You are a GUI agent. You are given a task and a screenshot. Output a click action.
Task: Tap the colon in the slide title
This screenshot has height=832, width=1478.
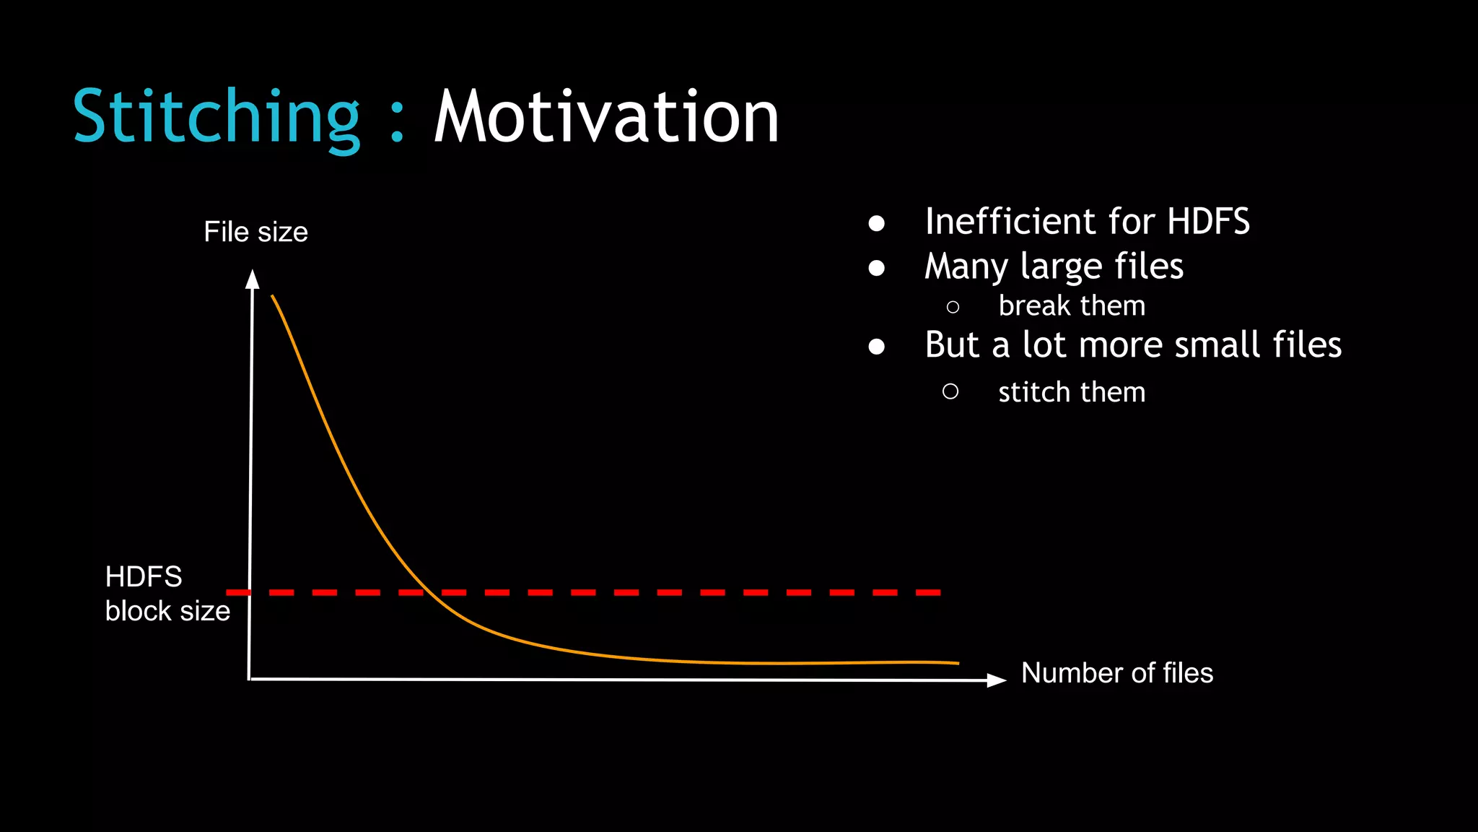click(x=396, y=123)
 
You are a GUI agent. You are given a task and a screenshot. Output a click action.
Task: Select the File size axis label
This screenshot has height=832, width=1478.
click(x=255, y=232)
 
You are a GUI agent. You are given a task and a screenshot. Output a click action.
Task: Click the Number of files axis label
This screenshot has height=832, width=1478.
click(x=1116, y=673)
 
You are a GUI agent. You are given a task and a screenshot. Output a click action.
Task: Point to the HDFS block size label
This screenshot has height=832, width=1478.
click(x=167, y=594)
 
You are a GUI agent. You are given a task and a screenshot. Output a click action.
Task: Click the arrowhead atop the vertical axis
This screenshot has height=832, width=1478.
click(x=252, y=279)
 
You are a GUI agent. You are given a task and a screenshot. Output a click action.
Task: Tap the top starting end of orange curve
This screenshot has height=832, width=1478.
click(x=273, y=296)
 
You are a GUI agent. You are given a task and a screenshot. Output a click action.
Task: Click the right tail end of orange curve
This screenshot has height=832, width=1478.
click(x=956, y=663)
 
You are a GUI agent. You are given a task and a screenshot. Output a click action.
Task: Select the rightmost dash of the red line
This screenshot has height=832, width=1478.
click(x=928, y=592)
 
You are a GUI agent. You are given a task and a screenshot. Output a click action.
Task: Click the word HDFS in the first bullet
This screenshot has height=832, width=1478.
click(x=1208, y=221)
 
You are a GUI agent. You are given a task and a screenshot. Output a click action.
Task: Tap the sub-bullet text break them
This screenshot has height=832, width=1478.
click(x=1071, y=306)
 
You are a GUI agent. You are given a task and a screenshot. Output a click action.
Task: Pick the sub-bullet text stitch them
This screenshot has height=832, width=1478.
click(x=1071, y=392)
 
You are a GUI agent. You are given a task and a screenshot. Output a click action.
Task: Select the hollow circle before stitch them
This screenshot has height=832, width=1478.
click(x=950, y=391)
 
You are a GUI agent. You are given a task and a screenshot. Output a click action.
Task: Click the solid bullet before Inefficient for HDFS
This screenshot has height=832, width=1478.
click(x=877, y=223)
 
